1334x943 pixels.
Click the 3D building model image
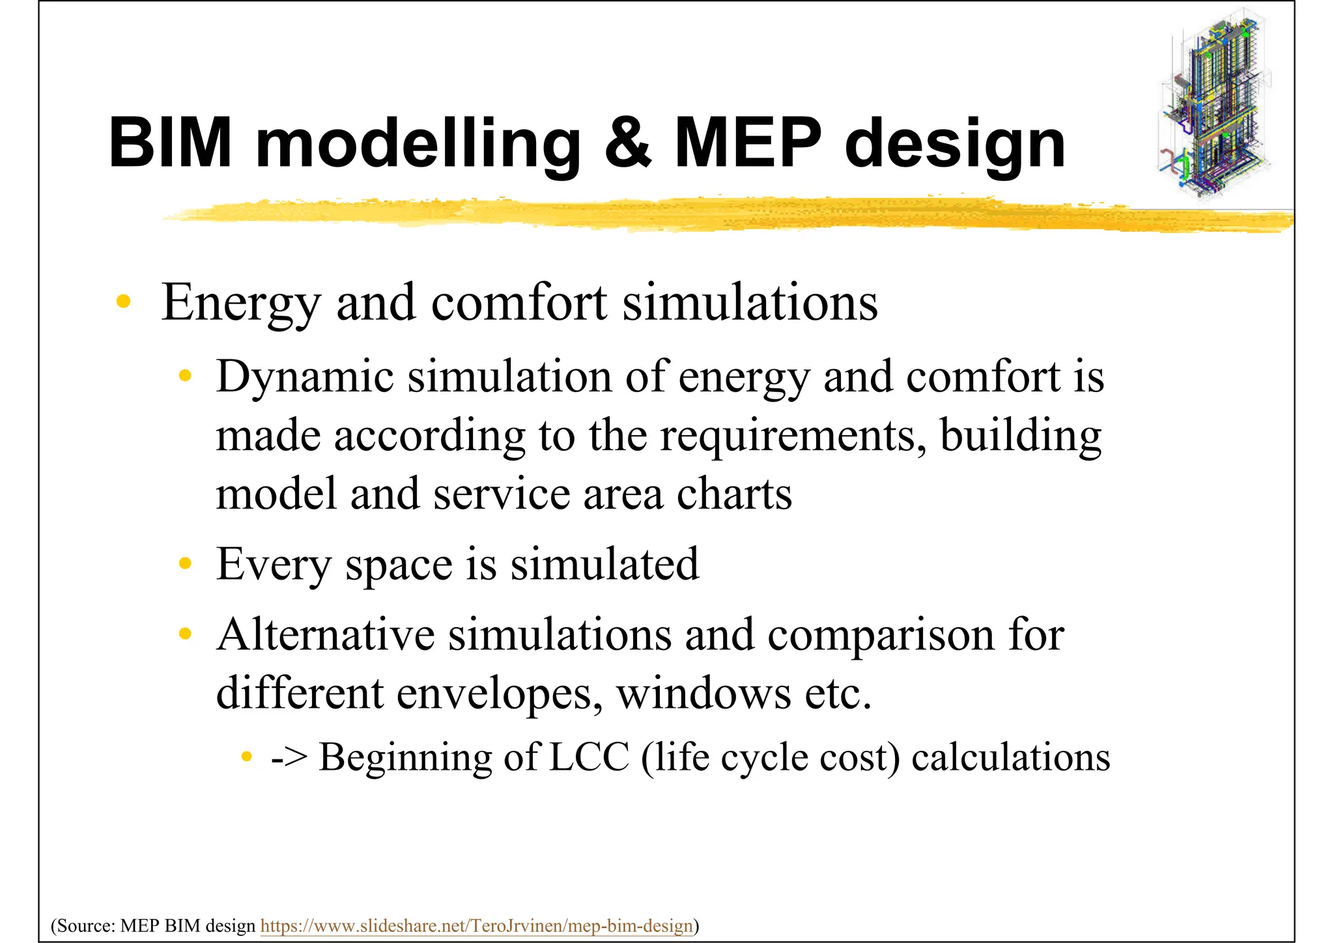coord(1215,104)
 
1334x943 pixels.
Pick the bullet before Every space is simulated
coord(186,563)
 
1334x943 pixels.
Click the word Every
coord(274,565)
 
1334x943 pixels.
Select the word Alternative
coord(326,634)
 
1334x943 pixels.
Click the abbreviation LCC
coord(589,757)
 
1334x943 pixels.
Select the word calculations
coord(1010,757)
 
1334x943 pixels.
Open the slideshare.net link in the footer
coord(476,925)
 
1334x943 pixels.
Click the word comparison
coord(881,636)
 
